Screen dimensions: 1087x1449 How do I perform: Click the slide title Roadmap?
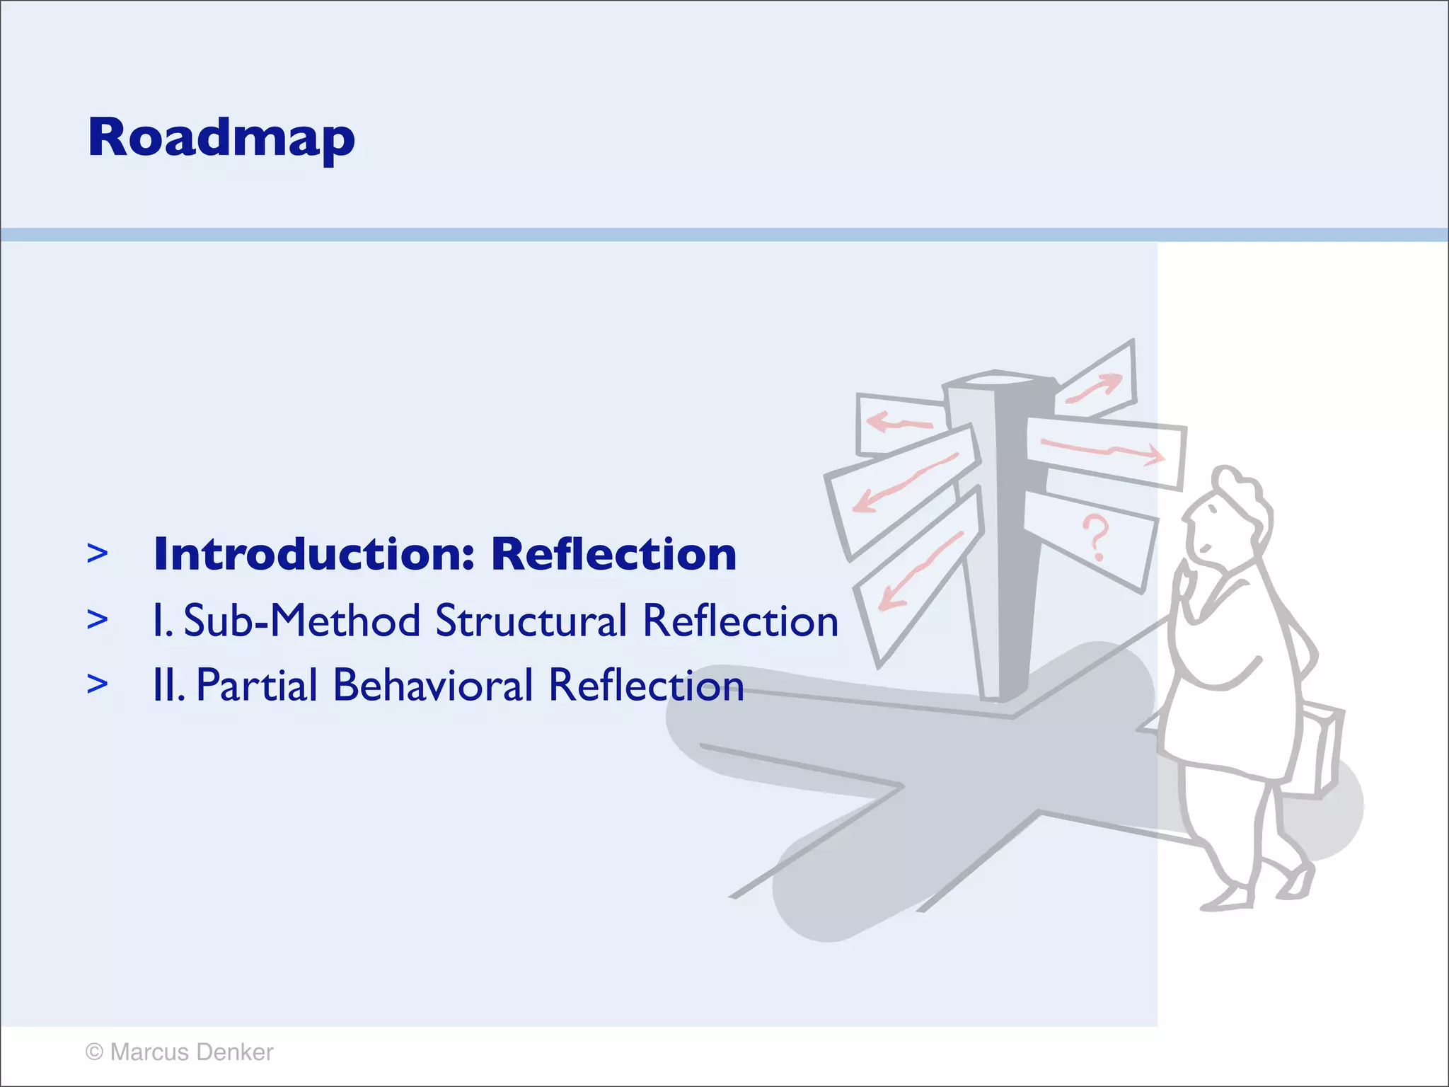221,138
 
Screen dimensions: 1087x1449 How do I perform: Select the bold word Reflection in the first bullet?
613,554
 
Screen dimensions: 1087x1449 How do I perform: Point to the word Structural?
531,621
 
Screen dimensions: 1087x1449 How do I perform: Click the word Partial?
257,686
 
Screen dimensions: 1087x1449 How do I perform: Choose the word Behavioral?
432,686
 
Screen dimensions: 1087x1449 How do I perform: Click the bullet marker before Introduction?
98,554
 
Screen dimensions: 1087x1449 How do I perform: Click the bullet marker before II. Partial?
98,684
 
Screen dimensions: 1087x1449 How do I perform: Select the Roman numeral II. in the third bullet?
168,686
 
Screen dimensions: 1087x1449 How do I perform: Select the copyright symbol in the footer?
94,1052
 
